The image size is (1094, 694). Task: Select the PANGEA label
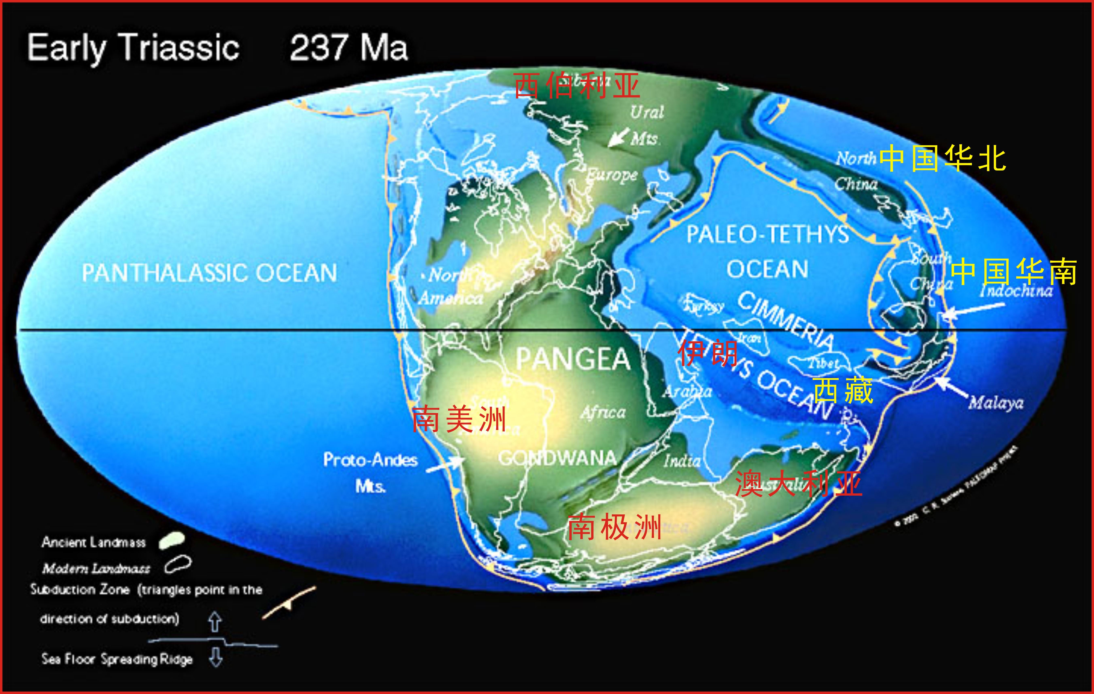(573, 359)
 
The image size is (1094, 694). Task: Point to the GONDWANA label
(558, 458)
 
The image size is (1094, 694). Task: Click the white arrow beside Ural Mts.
(618, 137)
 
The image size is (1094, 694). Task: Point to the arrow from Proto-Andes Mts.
(444, 464)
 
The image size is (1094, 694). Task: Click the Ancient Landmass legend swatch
(172, 541)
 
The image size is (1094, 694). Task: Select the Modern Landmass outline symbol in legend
(178, 564)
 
